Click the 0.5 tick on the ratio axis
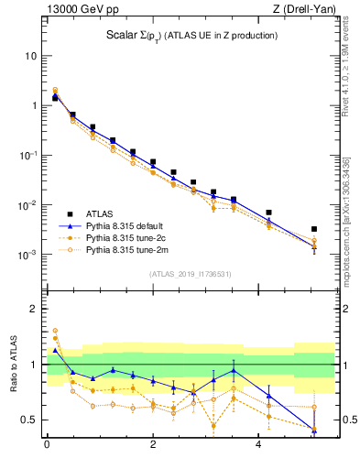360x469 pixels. tap(30, 420)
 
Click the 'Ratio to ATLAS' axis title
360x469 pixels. tap(12, 365)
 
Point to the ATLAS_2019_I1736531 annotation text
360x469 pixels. tap(190, 274)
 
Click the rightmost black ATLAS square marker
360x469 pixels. tap(314, 229)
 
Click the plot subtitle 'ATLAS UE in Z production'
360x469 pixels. tap(220, 35)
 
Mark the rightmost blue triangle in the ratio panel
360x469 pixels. tap(314, 429)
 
